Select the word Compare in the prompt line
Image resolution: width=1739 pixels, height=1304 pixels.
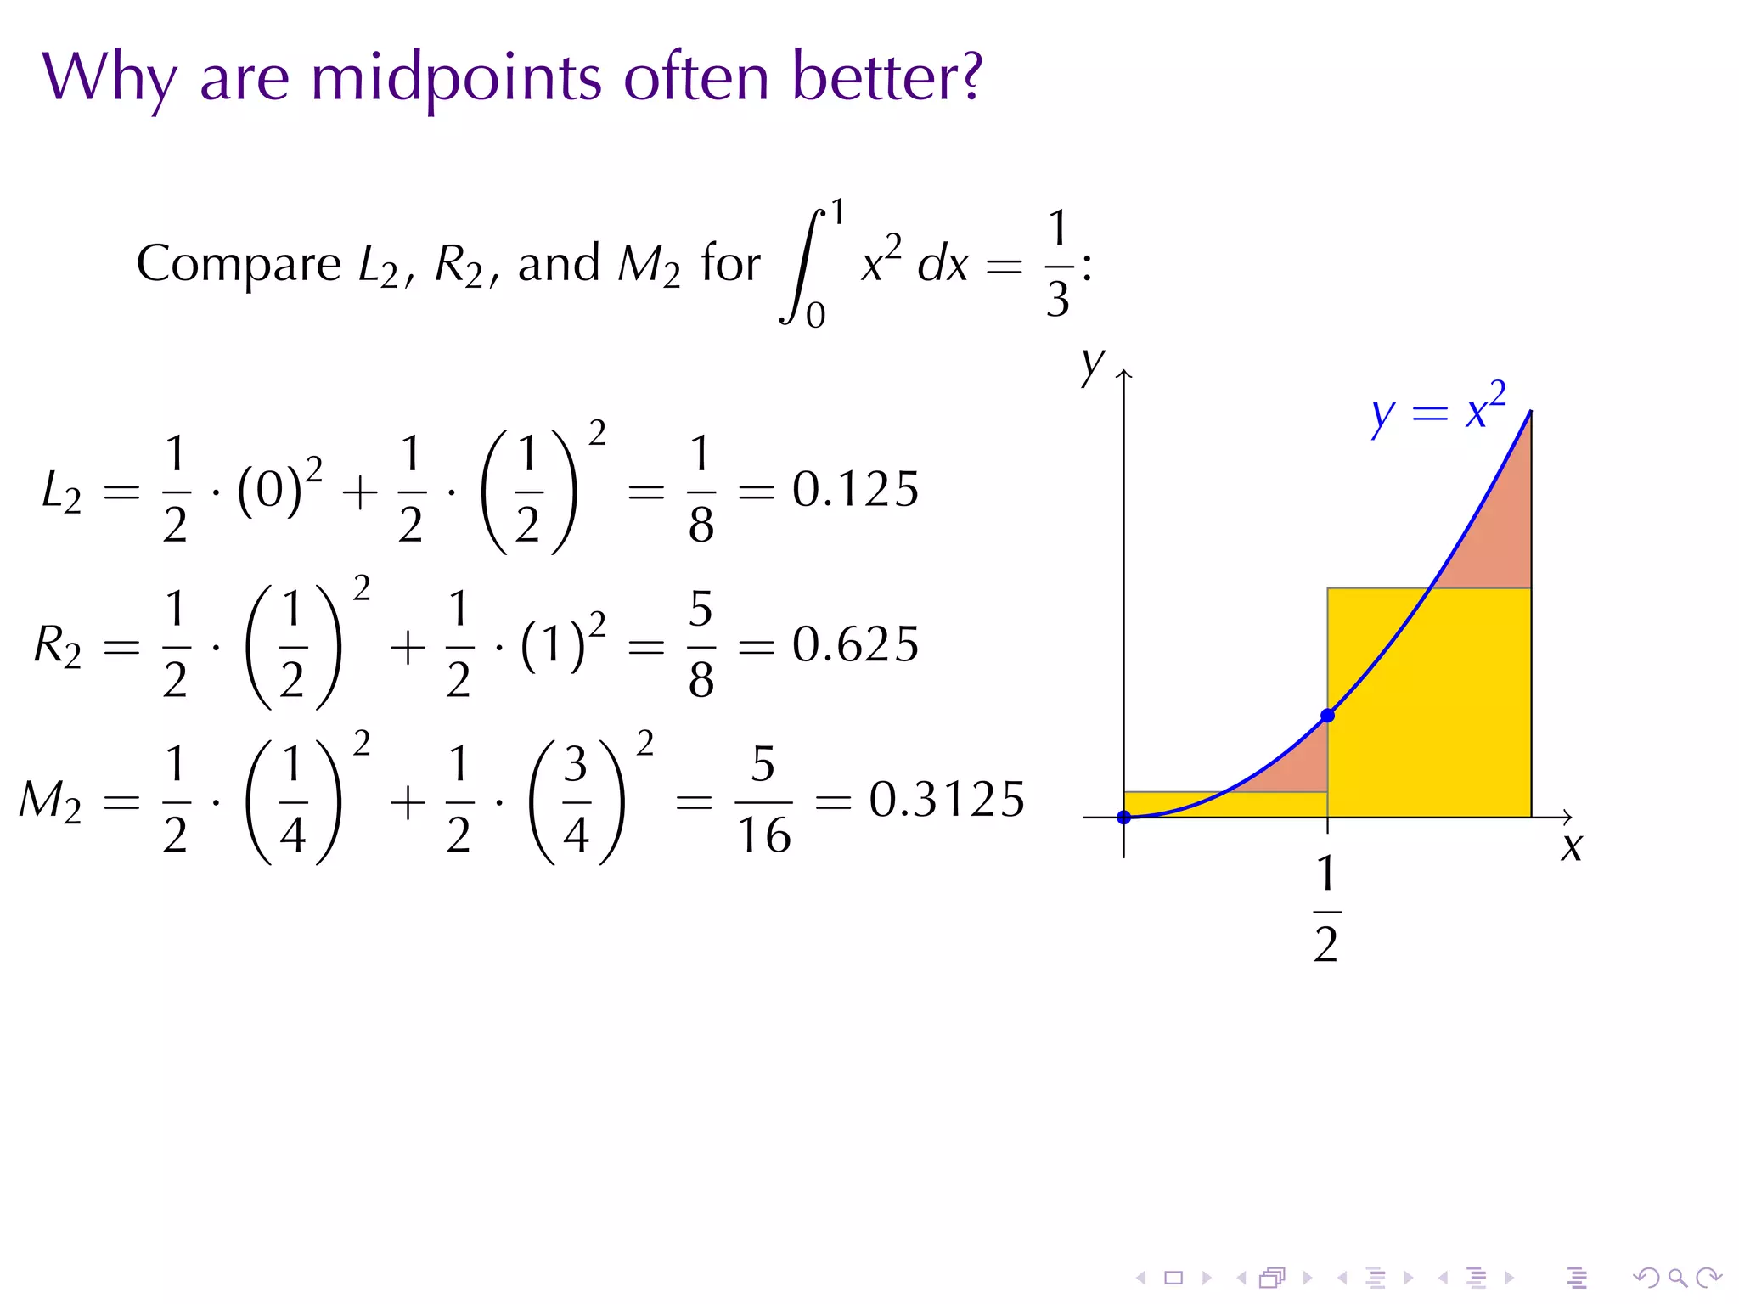[239, 263]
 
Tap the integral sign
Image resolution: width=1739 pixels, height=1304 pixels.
[802, 265]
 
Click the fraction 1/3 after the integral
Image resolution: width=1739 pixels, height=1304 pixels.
[1057, 265]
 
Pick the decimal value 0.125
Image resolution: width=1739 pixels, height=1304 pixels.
[855, 490]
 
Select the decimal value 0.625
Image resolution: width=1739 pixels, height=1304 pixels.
[855, 645]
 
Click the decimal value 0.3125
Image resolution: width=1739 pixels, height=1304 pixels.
[946, 801]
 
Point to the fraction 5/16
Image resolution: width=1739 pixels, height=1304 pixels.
[763, 801]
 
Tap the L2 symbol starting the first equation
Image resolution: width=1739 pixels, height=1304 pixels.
[61, 492]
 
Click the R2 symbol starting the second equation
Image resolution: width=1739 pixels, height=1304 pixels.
[58, 647]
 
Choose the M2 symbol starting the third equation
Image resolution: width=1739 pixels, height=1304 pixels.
[51, 802]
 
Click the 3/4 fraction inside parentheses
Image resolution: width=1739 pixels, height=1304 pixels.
[577, 801]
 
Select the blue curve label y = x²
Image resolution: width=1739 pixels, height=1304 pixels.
[1438, 411]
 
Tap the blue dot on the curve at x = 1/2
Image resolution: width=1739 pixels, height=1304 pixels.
[1328, 716]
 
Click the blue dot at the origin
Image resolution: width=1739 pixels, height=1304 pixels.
[1123, 818]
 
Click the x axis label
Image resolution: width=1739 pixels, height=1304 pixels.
[1571, 848]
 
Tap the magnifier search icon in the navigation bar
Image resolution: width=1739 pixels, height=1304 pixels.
[1677, 1278]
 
